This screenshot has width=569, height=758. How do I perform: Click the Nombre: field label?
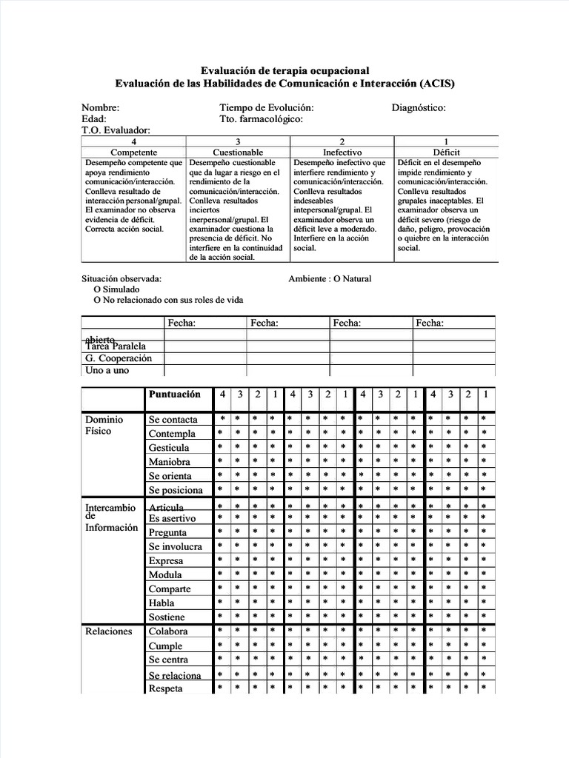[x=101, y=108]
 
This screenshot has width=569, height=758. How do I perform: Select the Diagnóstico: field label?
[x=419, y=108]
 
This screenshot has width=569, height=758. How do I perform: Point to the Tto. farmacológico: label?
[x=261, y=119]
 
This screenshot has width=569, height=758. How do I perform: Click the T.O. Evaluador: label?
[x=116, y=130]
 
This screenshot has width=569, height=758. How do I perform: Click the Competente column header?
[x=133, y=152]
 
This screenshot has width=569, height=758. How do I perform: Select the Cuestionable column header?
[x=238, y=152]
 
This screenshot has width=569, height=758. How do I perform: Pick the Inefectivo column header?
[x=342, y=152]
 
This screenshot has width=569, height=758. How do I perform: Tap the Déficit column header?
[x=445, y=152]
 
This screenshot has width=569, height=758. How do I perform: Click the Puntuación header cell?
[x=175, y=395]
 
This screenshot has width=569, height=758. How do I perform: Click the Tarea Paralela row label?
[x=116, y=346]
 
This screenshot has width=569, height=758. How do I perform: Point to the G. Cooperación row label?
[x=119, y=358]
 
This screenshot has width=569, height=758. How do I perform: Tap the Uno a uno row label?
[x=107, y=370]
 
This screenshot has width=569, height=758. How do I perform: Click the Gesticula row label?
[x=169, y=448]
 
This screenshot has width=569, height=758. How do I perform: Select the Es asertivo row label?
[x=173, y=519]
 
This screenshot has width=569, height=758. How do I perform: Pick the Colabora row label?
[x=168, y=631]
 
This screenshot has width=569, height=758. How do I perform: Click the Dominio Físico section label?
[x=104, y=425]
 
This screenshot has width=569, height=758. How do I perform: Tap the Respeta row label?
[x=165, y=688]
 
